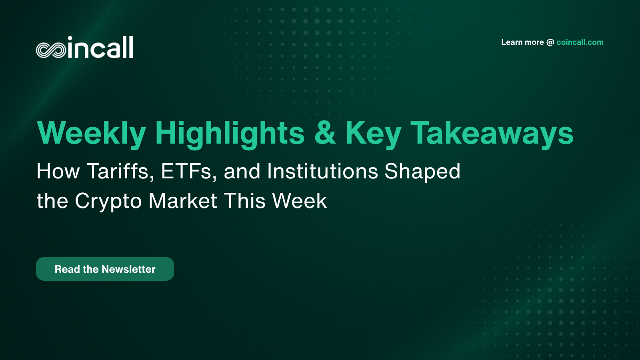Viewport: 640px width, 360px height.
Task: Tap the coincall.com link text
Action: [580, 42]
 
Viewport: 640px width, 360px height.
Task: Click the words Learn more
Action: [522, 42]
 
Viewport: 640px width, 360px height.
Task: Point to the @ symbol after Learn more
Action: [550, 42]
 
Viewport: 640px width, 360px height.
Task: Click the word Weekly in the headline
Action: [91, 133]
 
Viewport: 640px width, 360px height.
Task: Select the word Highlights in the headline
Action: [230, 133]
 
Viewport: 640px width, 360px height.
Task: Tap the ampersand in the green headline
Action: [325, 133]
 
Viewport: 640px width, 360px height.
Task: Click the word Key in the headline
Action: [373, 133]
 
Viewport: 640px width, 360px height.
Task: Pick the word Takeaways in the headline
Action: [492, 133]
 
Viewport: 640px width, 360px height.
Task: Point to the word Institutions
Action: [322, 172]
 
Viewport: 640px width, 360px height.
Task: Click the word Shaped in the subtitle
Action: [422, 172]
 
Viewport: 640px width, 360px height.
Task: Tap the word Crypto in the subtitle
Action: [108, 201]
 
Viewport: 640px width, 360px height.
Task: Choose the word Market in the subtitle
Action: [183, 201]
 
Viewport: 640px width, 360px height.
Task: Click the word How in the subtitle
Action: [58, 172]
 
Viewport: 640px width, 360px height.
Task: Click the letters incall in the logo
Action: [100, 48]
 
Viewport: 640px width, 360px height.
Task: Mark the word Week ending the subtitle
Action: [299, 201]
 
